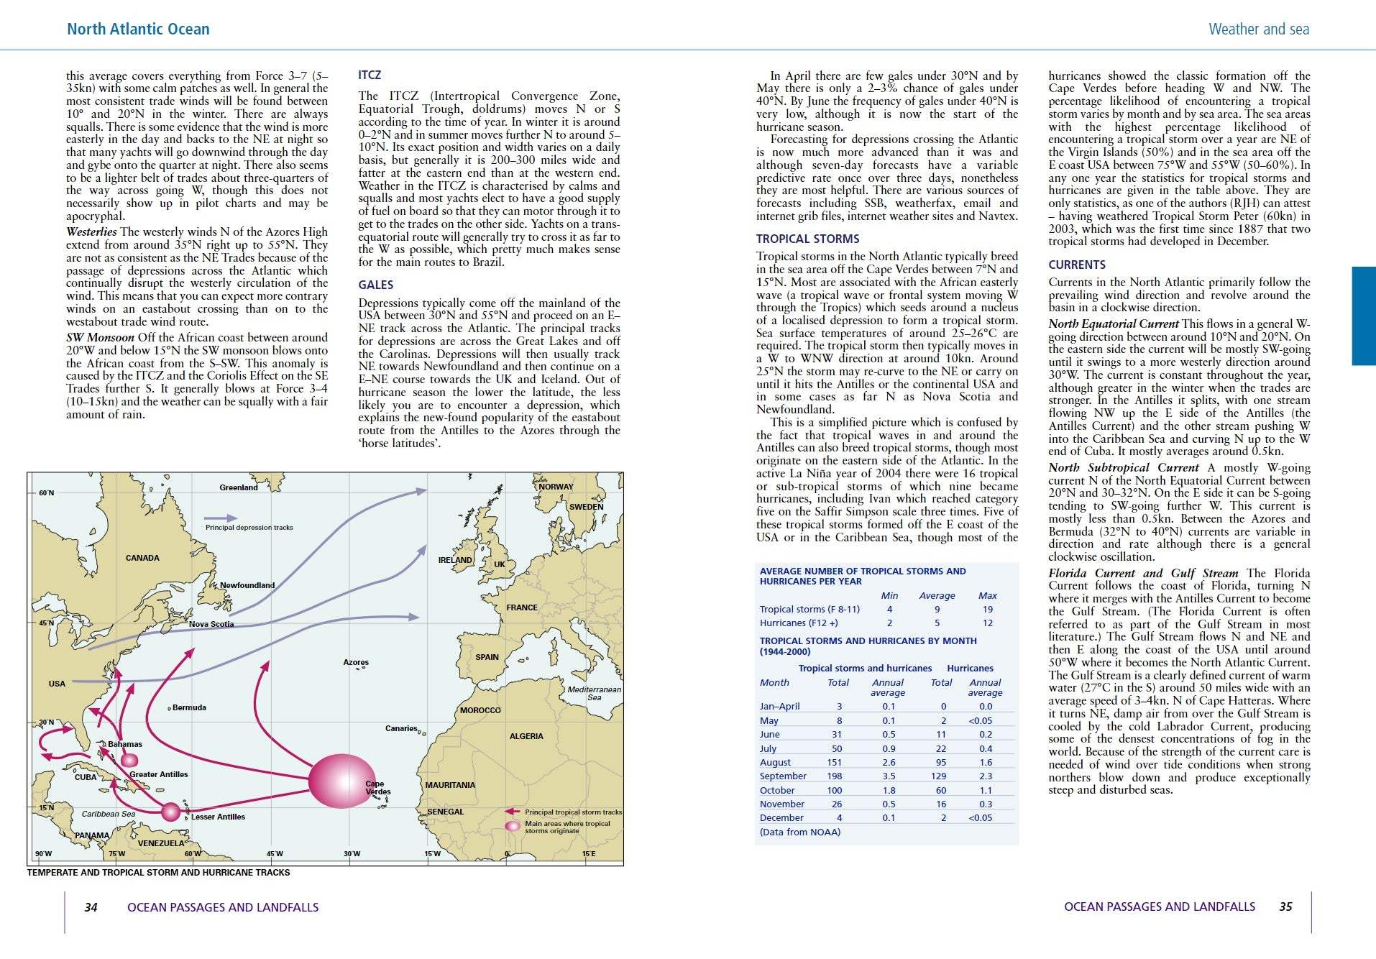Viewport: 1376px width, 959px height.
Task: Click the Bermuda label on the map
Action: [189, 708]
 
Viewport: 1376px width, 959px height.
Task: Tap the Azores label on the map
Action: [356, 662]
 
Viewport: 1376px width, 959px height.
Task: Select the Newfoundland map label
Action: [247, 585]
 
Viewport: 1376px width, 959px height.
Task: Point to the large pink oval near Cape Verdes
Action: [341, 781]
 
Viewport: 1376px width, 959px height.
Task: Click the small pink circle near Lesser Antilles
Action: [170, 812]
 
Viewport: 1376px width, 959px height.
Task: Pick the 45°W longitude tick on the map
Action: [275, 854]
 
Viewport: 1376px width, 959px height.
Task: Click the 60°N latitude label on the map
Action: [46, 493]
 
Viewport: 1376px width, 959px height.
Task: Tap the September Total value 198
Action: [835, 776]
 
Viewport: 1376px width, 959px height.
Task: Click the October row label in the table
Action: [777, 791]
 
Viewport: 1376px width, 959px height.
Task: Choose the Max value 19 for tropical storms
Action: [988, 610]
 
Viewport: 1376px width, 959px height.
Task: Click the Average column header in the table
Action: [937, 596]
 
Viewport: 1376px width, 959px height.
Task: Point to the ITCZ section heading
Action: [370, 75]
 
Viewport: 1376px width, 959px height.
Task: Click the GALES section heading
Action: [375, 285]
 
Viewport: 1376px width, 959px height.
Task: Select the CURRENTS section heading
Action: [1077, 265]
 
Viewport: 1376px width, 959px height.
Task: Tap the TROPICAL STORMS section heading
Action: [807, 239]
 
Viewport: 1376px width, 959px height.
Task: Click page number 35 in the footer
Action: [1285, 907]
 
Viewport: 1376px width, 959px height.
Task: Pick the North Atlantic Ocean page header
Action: [138, 29]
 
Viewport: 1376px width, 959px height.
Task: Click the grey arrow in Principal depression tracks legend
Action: [221, 518]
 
